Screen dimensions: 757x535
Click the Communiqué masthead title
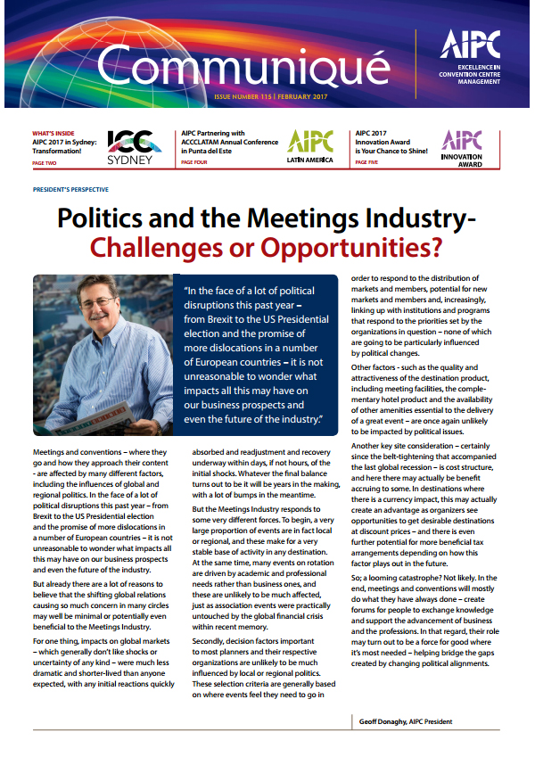(243, 64)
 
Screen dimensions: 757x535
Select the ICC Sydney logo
(134, 148)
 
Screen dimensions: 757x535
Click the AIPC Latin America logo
(310, 146)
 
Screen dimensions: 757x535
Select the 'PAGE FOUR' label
(196, 163)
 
